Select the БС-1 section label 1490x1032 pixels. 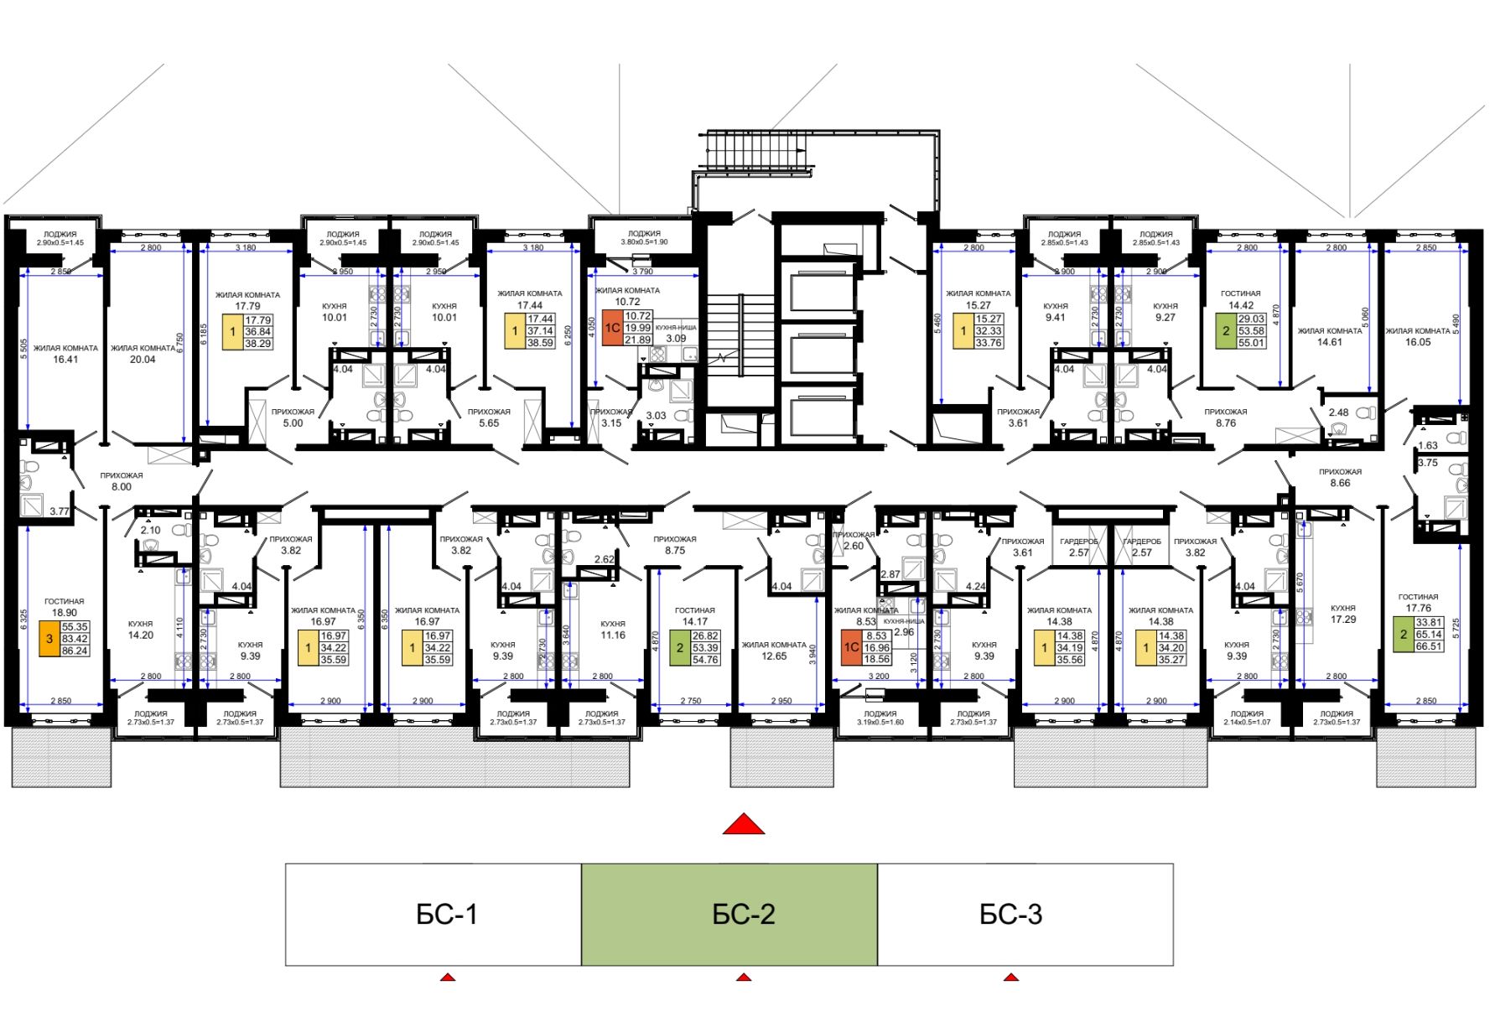click(446, 914)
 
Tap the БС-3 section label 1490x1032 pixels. click(1010, 914)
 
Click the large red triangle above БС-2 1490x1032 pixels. click(744, 825)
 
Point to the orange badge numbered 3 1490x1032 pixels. click(49, 639)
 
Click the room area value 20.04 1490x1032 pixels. click(143, 360)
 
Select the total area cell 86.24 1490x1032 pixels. click(75, 651)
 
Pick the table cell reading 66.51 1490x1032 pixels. click(1429, 646)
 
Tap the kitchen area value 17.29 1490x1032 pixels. click(1343, 620)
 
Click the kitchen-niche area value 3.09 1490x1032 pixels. click(676, 339)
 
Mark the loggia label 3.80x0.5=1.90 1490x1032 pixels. click(644, 242)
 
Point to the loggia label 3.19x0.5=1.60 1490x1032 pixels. click(880, 722)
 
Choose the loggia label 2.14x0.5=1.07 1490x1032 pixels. click(1247, 722)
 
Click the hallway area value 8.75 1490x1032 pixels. click(675, 551)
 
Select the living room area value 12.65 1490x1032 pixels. click(774, 656)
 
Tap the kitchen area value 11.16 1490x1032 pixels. click(613, 635)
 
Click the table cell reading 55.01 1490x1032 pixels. click(1251, 343)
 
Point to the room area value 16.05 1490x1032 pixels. click(1418, 342)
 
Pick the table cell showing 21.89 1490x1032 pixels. click(638, 340)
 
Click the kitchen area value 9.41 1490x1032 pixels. click(1056, 318)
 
